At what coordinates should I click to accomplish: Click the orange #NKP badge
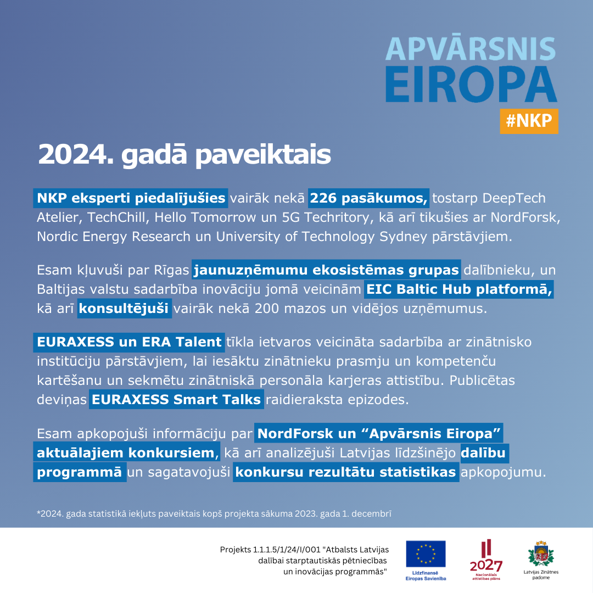click(x=529, y=121)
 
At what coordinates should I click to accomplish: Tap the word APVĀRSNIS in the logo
click(x=470, y=49)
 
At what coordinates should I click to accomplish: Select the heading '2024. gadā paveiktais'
click(x=184, y=155)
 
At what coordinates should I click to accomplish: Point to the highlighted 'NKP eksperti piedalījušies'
click(x=131, y=198)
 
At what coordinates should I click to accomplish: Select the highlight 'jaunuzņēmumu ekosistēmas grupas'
click(x=326, y=270)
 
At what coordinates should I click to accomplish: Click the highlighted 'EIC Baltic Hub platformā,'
click(x=459, y=289)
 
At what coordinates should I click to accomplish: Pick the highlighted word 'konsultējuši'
click(x=124, y=308)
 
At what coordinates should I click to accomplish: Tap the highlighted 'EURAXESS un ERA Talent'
click(x=129, y=342)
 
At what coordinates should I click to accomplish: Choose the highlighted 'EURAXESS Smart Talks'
click(x=176, y=399)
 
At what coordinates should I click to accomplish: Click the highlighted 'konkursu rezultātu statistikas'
click(x=346, y=472)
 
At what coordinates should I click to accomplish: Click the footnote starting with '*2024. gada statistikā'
click(x=214, y=514)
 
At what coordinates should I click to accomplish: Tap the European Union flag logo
click(x=426, y=553)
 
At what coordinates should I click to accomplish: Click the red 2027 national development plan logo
click(x=486, y=557)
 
